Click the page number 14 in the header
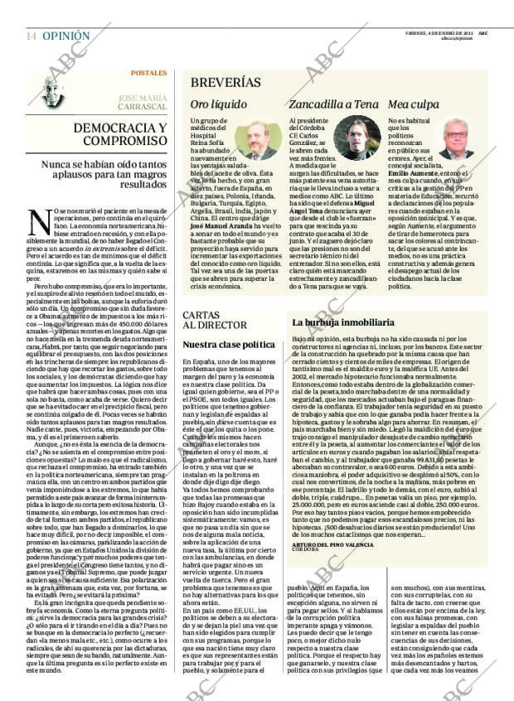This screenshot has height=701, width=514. click(31, 36)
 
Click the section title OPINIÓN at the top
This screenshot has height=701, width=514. click(65, 36)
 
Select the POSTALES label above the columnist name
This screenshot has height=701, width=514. click(148, 73)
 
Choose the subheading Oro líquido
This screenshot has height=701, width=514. click(218, 104)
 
